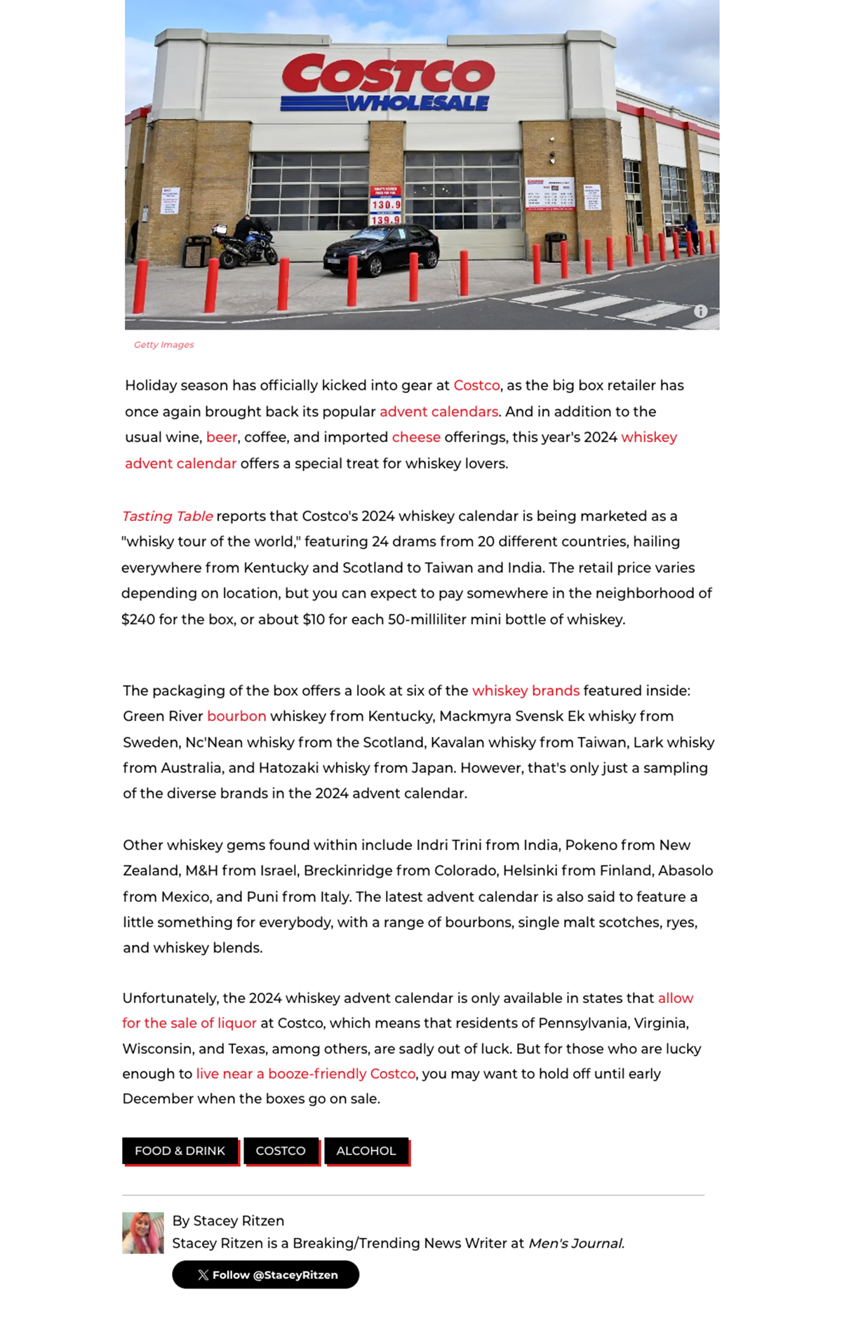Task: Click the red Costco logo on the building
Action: tap(388, 74)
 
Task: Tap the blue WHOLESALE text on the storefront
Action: tap(418, 104)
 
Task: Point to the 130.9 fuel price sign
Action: tap(385, 205)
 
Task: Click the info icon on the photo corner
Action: tap(700, 311)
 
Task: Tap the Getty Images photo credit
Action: tap(163, 344)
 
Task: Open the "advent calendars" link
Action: tap(439, 412)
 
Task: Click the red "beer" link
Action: tap(222, 438)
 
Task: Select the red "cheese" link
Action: tap(416, 438)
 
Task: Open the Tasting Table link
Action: tap(167, 516)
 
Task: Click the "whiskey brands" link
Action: tap(526, 691)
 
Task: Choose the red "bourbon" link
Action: tap(236, 716)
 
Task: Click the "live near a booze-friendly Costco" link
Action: tap(305, 1074)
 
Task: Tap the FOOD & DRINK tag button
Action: tap(180, 1151)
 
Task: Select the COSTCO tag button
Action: tap(281, 1151)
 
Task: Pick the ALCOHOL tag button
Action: tap(366, 1151)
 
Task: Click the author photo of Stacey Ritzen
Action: tap(143, 1232)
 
